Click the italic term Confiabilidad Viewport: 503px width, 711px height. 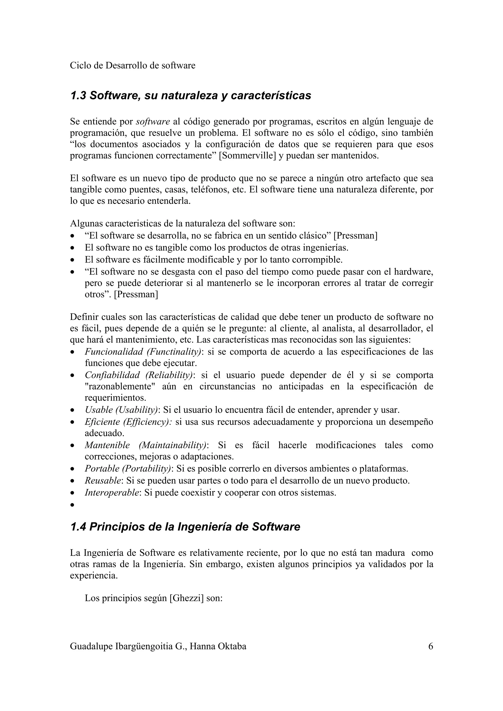(112, 375)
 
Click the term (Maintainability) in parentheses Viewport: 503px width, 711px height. (173, 445)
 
